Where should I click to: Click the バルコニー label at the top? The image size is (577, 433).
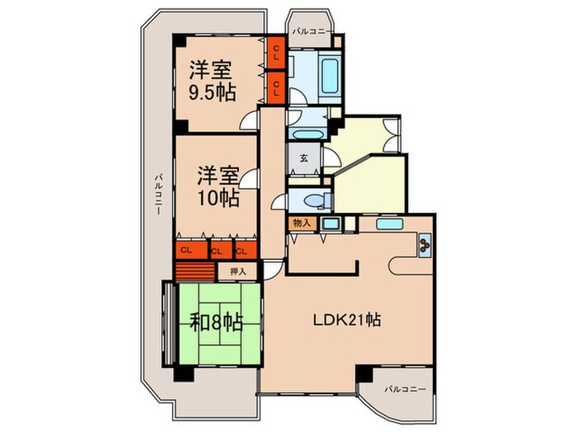click(312, 31)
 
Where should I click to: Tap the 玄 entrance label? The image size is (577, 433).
click(303, 158)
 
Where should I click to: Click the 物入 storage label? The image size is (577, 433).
click(301, 223)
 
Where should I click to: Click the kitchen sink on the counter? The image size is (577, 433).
click(387, 223)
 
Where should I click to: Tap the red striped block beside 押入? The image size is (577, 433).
click(195, 271)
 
